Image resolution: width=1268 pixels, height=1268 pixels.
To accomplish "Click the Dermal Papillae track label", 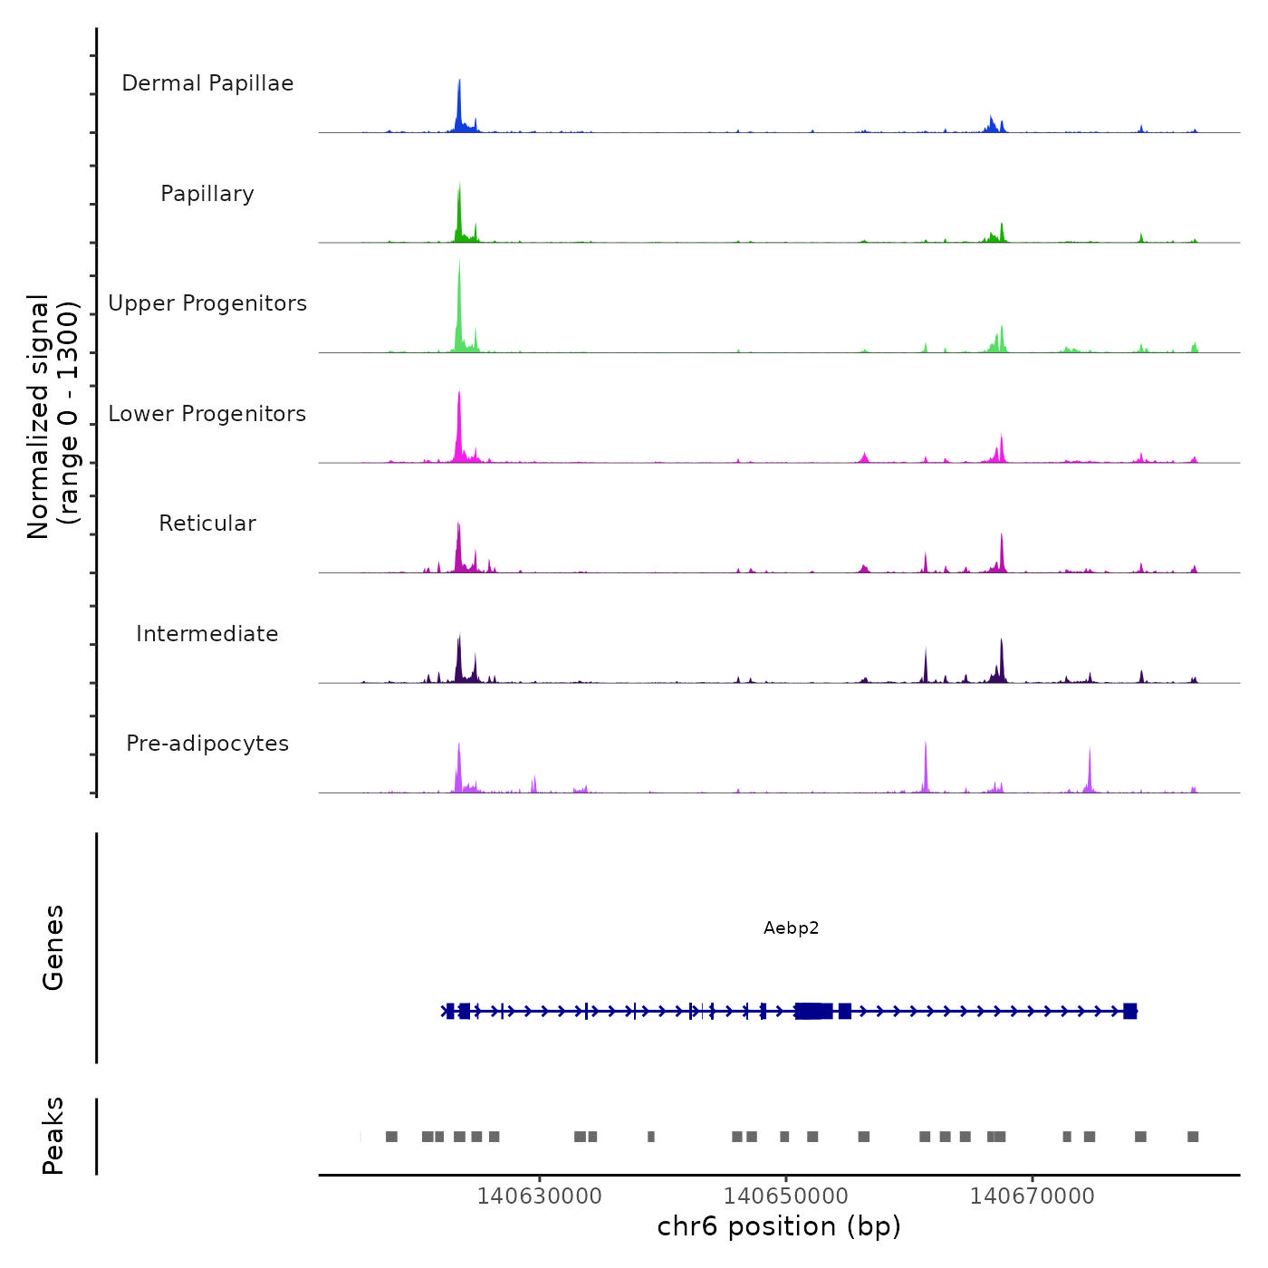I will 207,83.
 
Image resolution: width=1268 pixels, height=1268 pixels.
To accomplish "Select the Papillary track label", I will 207,194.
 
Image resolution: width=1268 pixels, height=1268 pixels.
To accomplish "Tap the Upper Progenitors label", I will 207,303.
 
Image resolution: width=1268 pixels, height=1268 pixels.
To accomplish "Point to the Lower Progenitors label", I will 207,414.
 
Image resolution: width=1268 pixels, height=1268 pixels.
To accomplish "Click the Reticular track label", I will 207,524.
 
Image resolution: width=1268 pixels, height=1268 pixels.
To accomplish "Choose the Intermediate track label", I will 207,634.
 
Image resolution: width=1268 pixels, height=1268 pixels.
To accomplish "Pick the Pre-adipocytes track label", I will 207,744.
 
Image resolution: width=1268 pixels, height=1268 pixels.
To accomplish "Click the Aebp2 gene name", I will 791,928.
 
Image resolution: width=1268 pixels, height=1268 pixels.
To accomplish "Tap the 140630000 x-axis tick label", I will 540,1196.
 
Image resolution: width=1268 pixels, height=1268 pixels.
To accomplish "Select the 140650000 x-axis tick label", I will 786,1196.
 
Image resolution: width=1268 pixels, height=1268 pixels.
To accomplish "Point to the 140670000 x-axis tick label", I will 1033,1196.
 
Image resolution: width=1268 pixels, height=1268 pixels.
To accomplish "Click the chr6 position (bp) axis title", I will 779,1227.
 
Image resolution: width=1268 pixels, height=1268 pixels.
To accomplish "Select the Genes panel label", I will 53,947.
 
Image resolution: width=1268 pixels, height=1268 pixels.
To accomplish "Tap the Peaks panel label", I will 53,1136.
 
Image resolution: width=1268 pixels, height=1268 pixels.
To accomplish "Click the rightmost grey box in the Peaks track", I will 1193,1137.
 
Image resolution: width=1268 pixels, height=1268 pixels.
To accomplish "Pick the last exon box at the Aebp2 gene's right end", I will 1129,1011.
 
